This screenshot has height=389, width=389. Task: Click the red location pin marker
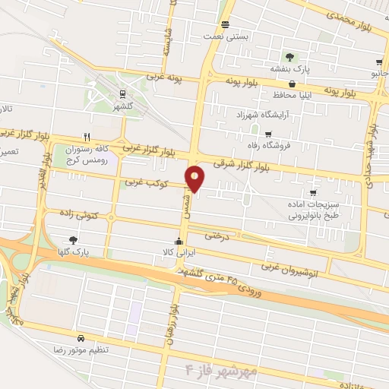tap(195, 178)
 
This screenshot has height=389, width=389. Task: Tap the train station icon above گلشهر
tap(122, 93)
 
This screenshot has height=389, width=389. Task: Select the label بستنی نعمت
tap(223, 36)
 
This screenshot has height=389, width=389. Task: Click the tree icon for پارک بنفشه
tap(289, 57)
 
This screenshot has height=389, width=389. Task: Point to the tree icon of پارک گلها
tap(73, 239)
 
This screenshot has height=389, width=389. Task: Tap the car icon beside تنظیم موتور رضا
tap(81, 338)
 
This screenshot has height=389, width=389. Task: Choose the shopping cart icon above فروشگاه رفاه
tap(268, 134)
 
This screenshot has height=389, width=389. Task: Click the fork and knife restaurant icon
tap(87, 138)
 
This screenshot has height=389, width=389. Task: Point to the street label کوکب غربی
tap(144, 182)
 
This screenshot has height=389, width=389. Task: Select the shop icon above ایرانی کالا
tap(179, 242)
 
